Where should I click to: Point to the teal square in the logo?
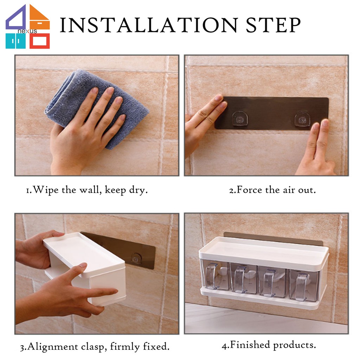pos(15,41)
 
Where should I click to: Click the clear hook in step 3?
pos(136,258)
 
